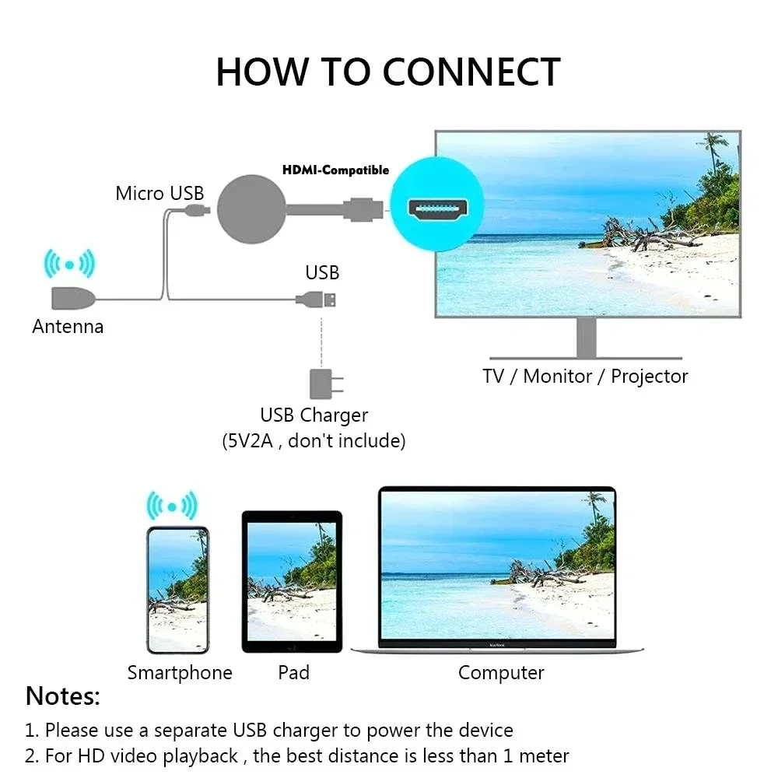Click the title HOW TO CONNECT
coord(387,72)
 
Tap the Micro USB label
coord(159,193)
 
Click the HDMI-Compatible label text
coord(335,170)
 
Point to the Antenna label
coord(68,327)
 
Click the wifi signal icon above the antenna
coord(68,265)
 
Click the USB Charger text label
coord(314,415)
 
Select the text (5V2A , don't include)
coord(314,441)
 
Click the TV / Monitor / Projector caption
coord(585,377)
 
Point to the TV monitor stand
coord(587,338)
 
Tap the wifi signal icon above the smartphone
coord(172,506)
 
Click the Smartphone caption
coord(180,673)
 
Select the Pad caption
coord(293,673)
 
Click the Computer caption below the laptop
coord(501,673)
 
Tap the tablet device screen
coord(292,580)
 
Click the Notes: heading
coord(63,696)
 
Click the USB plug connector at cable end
coord(328,299)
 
